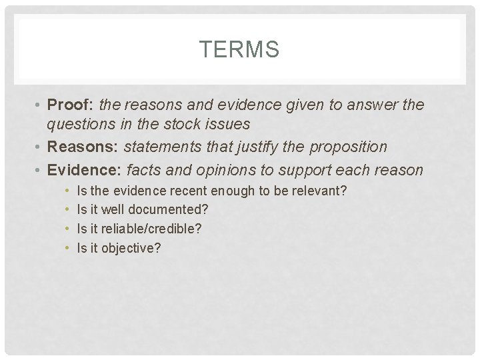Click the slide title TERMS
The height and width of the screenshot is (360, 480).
click(x=239, y=49)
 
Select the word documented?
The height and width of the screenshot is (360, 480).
click(x=168, y=210)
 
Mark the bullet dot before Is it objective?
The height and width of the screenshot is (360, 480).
click(x=68, y=248)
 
